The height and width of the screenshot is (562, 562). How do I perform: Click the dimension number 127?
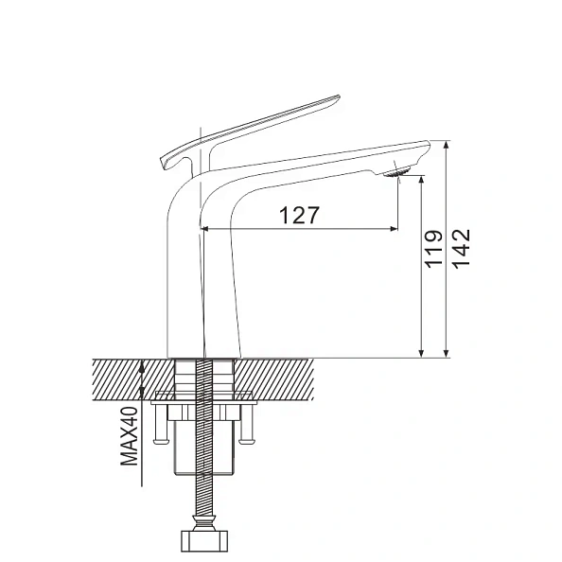(299, 215)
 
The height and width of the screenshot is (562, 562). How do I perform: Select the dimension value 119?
(433, 250)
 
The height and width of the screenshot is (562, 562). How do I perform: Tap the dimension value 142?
(461, 250)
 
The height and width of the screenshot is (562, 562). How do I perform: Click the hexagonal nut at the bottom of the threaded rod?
(202, 542)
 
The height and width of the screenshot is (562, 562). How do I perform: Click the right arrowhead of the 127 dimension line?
(391, 228)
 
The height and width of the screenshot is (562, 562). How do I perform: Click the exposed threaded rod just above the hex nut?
(202, 501)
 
